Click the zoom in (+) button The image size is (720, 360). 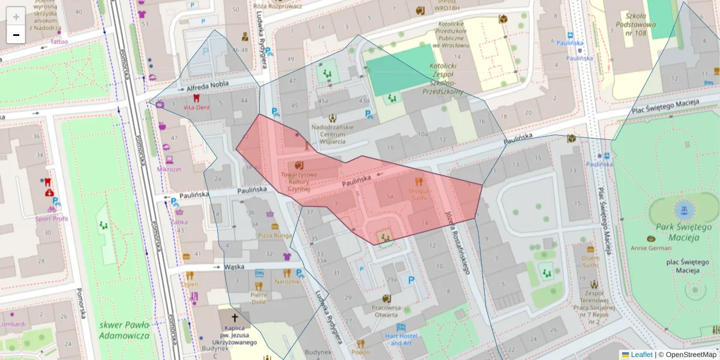pos(16,16)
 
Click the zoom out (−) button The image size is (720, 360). pos(16,35)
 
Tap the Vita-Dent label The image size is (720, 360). pos(196,107)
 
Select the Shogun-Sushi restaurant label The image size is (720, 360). pos(419,193)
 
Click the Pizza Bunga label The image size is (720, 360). pos(275,236)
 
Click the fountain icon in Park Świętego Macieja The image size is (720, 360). pos(682,210)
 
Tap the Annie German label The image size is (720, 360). pos(651,247)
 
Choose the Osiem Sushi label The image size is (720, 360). pos(590,261)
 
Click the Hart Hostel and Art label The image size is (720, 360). pos(401,339)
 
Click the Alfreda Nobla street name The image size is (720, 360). pos(203,88)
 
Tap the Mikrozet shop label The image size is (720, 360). pos(169,169)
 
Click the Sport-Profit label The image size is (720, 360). pos(52,218)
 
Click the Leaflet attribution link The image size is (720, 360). pos(641,355)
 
